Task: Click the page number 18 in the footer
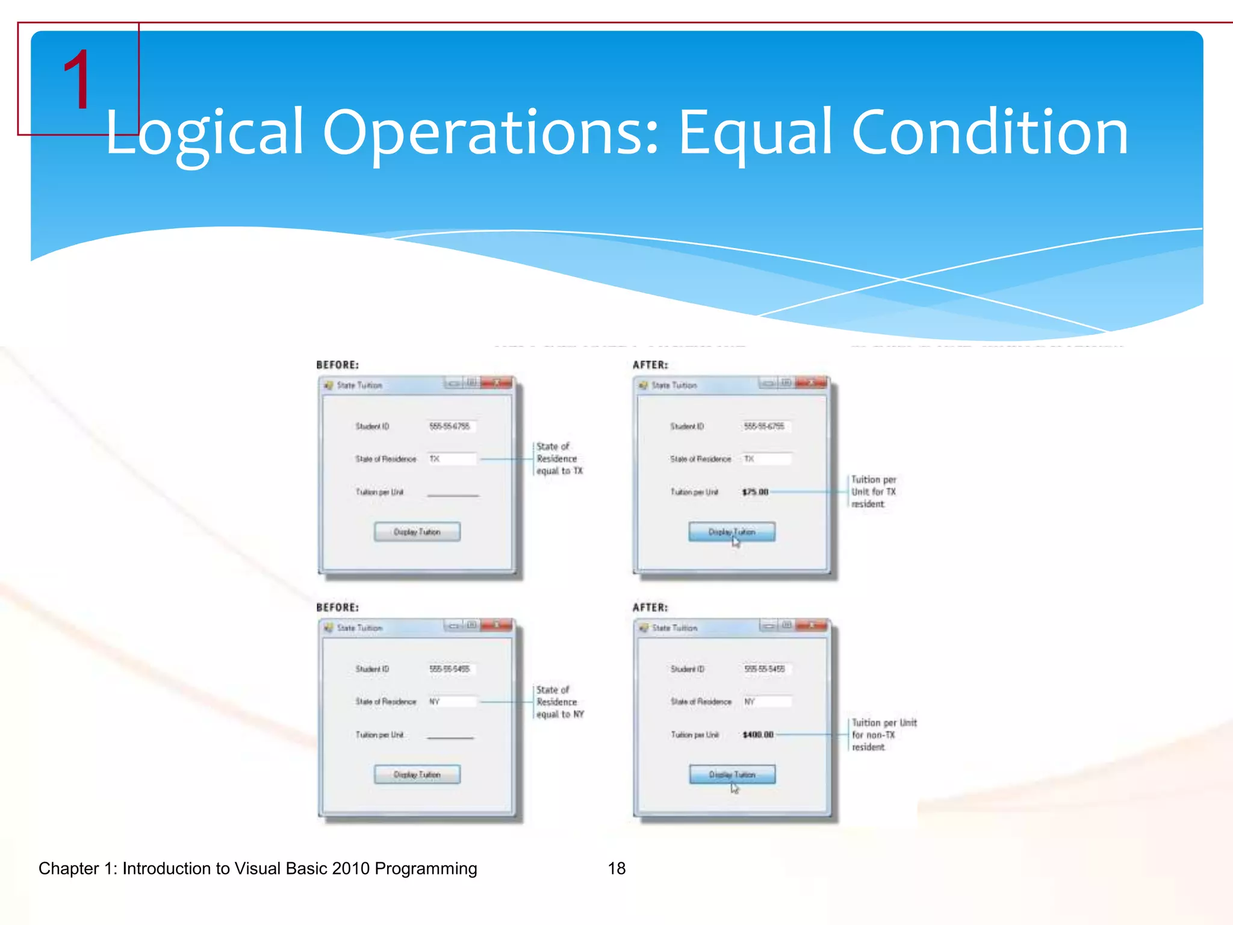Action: (x=616, y=868)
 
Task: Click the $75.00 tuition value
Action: (x=755, y=492)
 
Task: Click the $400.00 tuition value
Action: (x=757, y=735)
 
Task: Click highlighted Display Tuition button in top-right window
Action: (x=731, y=532)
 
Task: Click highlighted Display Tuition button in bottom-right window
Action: (x=732, y=774)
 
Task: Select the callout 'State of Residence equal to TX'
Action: (x=559, y=459)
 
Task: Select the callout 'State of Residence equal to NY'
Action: (x=559, y=702)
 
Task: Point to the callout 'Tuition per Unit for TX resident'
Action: (x=874, y=492)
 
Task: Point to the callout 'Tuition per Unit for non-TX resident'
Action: (x=883, y=735)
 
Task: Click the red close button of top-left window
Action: (x=497, y=383)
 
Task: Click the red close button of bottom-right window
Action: (x=812, y=626)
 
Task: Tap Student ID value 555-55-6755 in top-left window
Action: (x=450, y=426)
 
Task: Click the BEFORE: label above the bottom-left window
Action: (x=337, y=608)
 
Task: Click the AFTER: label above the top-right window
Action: (x=650, y=365)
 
